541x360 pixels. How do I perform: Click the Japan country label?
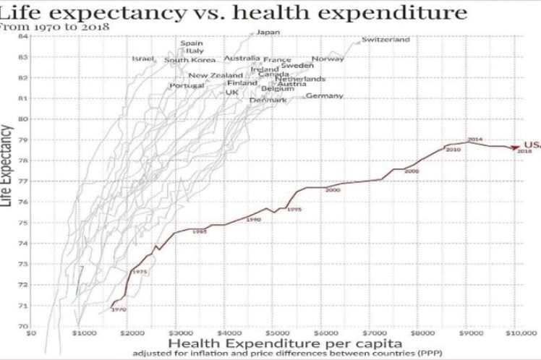coord(268,32)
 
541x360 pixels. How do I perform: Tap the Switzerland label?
coord(385,39)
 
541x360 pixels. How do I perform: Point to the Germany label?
coord(324,95)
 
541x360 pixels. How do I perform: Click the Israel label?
coord(144,59)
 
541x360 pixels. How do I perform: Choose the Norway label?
coord(328,59)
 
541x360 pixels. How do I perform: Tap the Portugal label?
coord(187,85)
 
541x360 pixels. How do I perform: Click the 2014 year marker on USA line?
coord(475,138)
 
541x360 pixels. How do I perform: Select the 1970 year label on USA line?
coord(119,309)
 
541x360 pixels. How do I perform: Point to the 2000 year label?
coord(333,189)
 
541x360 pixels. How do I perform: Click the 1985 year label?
coord(200,231)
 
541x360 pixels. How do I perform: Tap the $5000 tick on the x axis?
coord(273,334)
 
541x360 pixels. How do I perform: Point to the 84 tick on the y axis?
coord(23,35)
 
